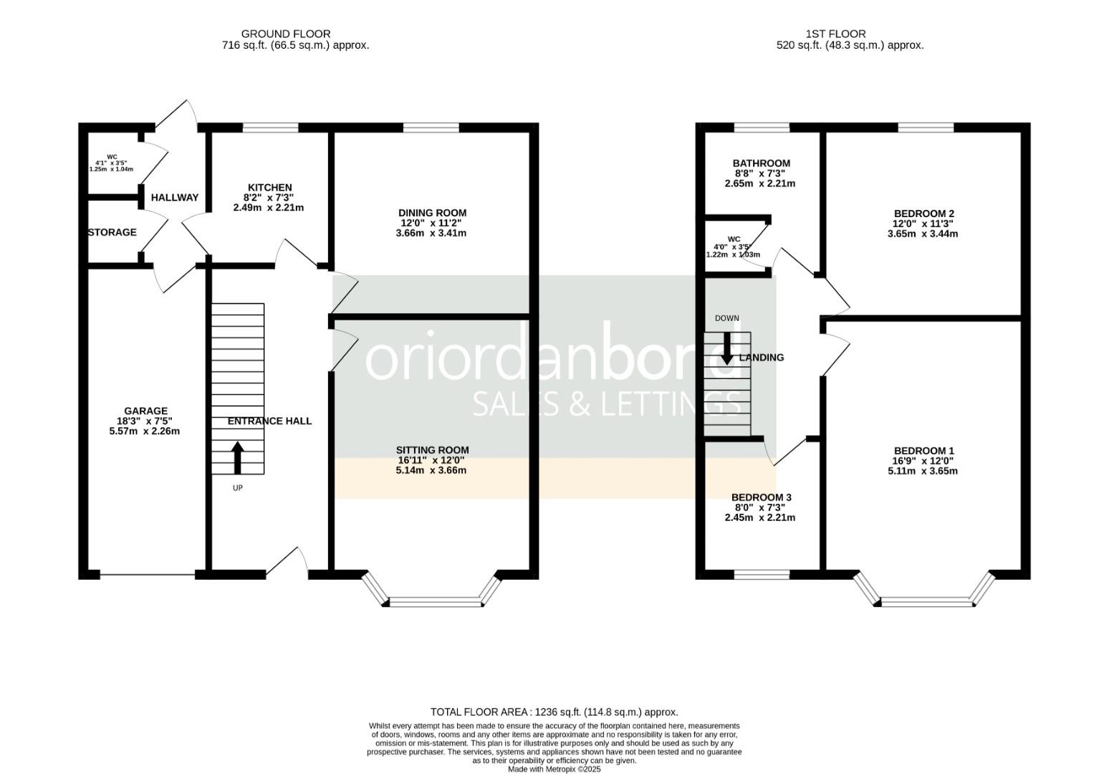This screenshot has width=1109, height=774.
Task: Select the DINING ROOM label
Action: [432, 213]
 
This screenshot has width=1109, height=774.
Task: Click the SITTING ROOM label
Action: [432, 450]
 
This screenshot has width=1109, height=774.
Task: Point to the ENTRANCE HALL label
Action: [269, 421]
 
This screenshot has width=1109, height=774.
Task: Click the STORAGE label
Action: [112, 232]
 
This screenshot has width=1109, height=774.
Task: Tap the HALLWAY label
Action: [174, 197]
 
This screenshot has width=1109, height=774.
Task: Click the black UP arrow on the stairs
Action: [237, 458]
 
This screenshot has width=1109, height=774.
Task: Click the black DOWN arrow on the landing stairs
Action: [726, 348]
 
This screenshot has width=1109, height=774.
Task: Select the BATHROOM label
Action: [761, 163]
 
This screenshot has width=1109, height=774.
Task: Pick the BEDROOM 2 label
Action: [923, 214]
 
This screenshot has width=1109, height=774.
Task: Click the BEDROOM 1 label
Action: [923, 451]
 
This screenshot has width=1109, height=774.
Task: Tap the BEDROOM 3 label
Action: [761, 497]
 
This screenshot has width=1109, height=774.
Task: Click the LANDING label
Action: [762, 357]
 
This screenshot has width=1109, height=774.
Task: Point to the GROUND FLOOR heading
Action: [285, 34]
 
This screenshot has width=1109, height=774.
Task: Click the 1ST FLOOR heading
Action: [835, 34]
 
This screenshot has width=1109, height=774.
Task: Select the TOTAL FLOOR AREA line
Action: [554, 712]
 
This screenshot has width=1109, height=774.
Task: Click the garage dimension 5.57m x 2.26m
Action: [145, 431]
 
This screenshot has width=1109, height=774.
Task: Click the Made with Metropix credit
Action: [554, 769]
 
